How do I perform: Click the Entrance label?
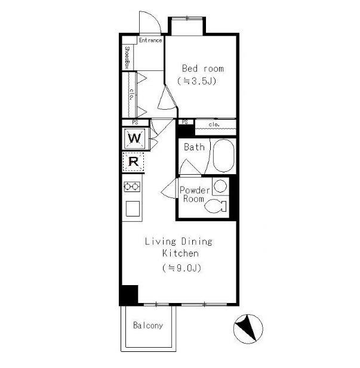tap(150, 40)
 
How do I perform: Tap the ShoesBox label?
tap(127, 57)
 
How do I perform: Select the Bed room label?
tap(203, 69)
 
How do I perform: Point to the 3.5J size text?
tap(196, 81)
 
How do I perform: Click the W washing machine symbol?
tap(135, 138)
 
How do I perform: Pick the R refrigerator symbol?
tap(133, 162)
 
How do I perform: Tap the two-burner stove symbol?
tap(132, 187)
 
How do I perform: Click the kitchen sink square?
tap(133, 208)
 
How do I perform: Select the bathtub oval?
tap(223, 156)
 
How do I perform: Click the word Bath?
tap(194, 147)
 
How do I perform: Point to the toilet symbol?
tap(216, 206)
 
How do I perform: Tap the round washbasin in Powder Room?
tap(220, 186)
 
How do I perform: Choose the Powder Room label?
tap(195, 194)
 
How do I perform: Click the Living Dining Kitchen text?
tap(179, 248)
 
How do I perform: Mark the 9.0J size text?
tap(181, 268)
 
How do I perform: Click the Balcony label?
tap(148, 325)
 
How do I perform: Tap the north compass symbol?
tap(248, 329)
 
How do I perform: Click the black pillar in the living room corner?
tap(128, 295)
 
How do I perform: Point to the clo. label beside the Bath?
tap(214, 124)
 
